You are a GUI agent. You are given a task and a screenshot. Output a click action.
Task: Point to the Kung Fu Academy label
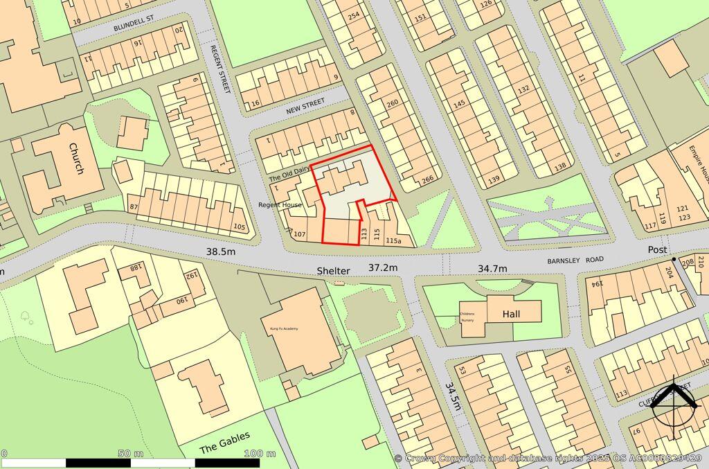click(280, 328)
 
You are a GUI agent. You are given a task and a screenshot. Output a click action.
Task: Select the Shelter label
click(334, 270)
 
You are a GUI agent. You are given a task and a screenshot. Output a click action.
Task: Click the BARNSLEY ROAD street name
click(575, 260)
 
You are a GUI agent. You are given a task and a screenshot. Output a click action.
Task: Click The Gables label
click(224, 442)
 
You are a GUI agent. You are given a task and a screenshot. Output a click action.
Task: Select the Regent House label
click(280, 205)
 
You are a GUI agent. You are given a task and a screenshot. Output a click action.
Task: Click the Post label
click(657, 249)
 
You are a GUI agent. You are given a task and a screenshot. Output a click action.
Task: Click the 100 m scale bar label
click(260, 454)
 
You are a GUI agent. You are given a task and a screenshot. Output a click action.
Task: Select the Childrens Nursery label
click(467, 317)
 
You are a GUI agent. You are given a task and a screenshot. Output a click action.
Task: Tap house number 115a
click(394, 240)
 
